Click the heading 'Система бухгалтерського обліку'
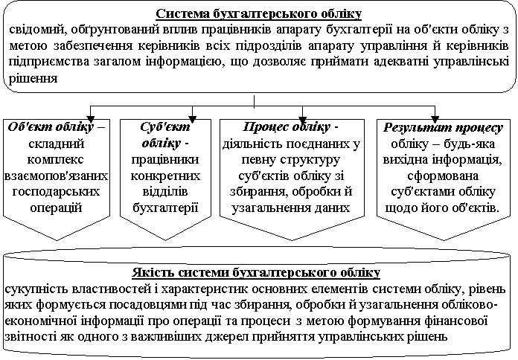(259, 14)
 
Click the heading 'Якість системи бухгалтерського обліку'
(256, 273)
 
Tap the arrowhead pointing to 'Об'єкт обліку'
(91, 119)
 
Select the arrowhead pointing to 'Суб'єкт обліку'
(192, 119)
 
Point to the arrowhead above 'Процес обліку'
(302, 119)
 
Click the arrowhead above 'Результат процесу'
(435, 119)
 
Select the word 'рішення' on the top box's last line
(33, 79)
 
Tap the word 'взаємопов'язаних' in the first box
(56, 176)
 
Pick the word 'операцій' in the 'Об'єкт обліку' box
(56, 208)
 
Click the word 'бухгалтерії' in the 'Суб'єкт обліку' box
(165, 208)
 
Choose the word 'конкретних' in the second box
(165, 176)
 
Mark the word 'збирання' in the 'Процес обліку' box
(256, 192)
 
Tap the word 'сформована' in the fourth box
(443, 176)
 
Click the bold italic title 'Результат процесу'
(444, 127)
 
